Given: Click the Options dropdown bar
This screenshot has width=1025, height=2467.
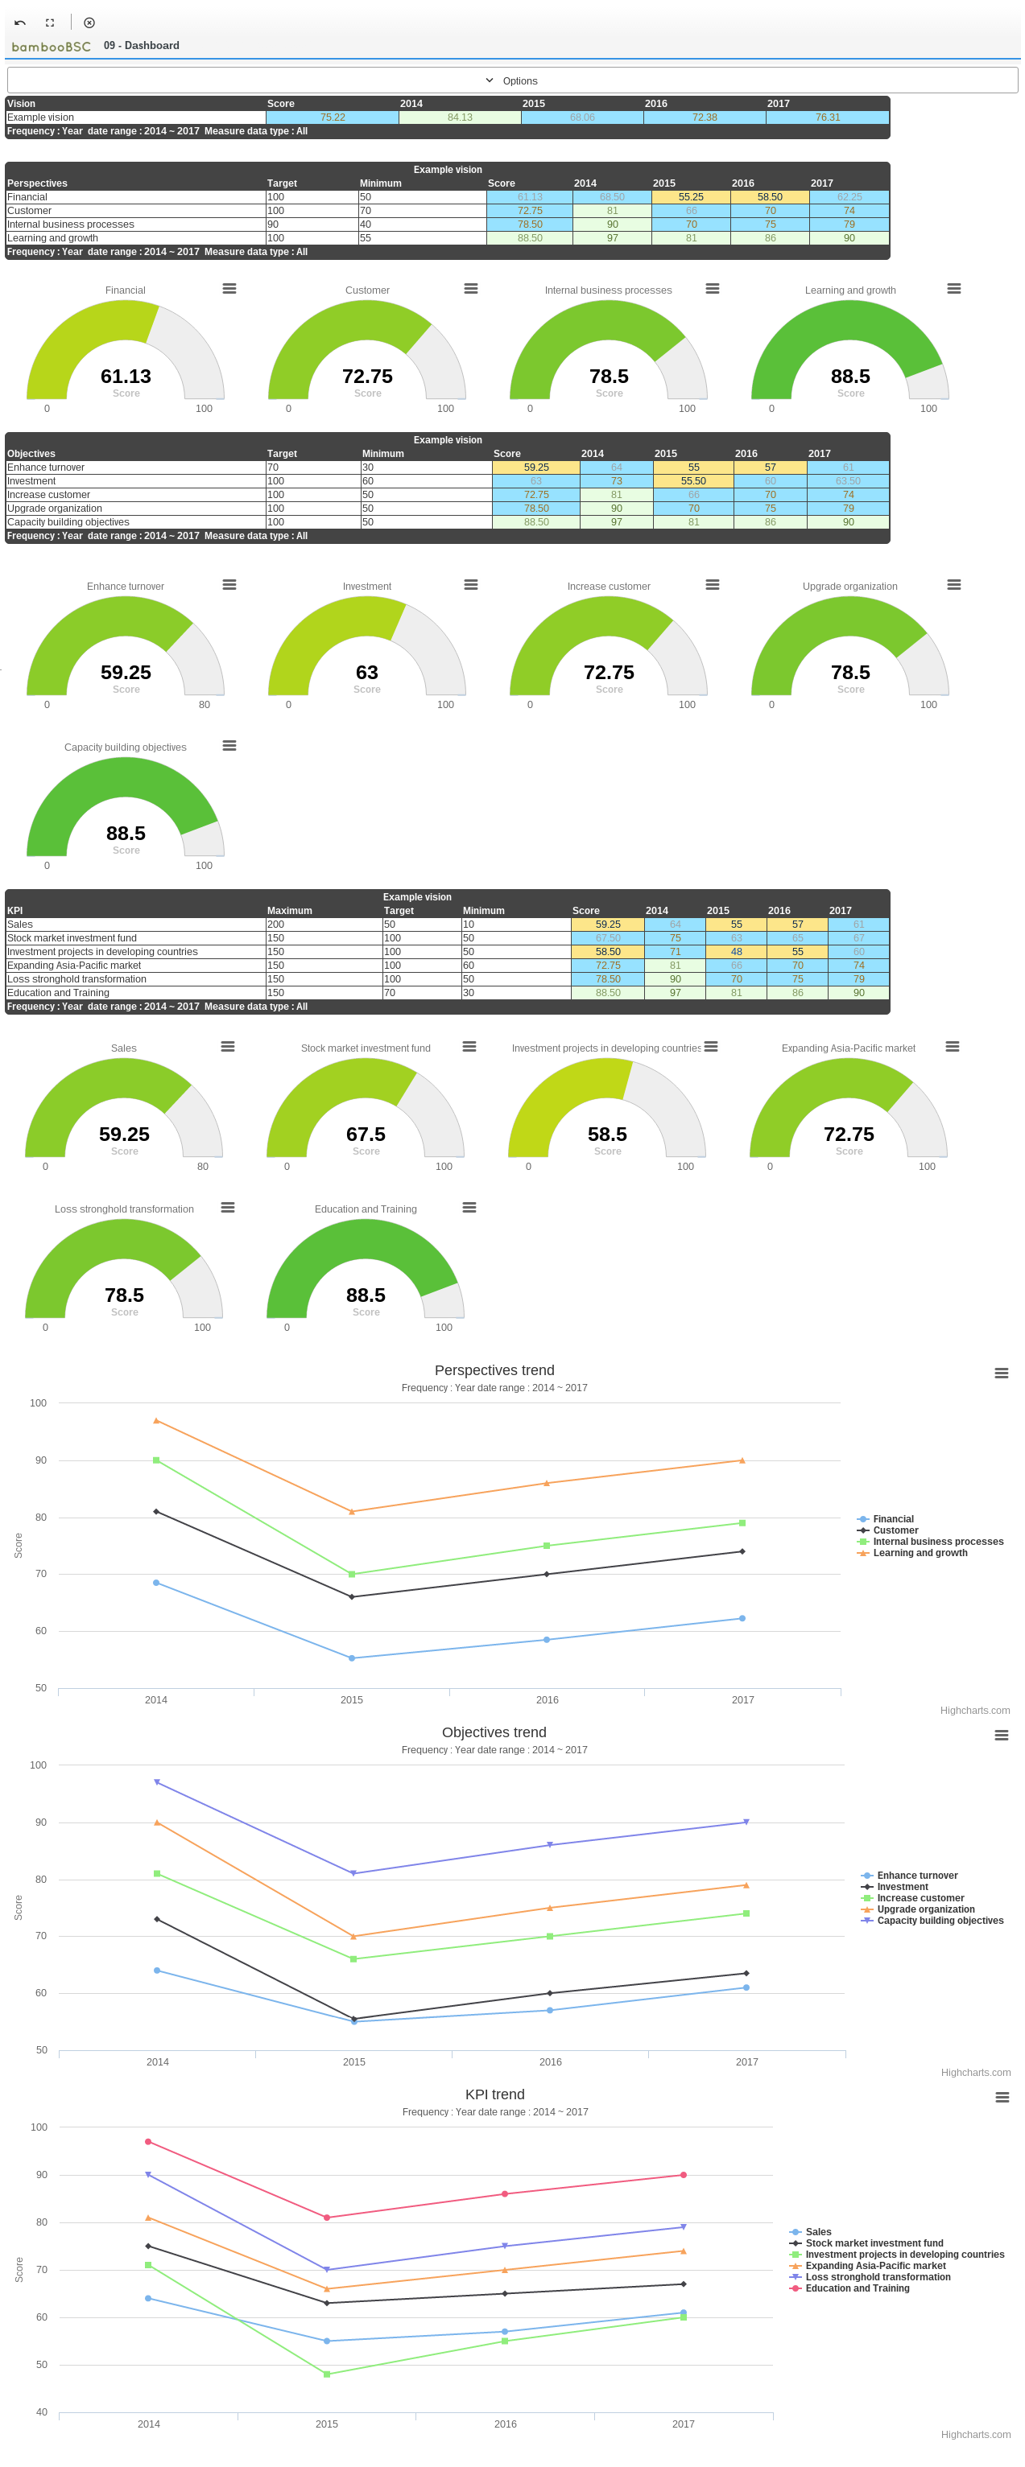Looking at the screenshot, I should click(x=511, y=80).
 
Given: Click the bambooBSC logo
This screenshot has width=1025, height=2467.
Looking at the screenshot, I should click(x=51, y=46).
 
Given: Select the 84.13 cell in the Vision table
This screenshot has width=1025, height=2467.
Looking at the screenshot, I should click(x=459, y=117).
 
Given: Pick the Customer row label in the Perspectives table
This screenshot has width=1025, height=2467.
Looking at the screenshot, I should click(x=30, y=211).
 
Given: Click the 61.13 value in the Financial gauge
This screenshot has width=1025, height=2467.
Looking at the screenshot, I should click(x=126, y=377).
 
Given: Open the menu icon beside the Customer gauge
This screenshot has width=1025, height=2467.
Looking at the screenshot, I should click(x=470, y=288).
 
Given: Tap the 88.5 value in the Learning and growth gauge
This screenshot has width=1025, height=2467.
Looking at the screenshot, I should click(x=849, y=377).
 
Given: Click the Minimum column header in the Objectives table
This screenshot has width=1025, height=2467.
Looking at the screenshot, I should click(x=382, y=454).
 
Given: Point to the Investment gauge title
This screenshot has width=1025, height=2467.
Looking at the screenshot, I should click(x=367, y=586).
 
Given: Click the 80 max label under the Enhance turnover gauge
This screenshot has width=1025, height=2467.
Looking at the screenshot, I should click(x=204, y=704).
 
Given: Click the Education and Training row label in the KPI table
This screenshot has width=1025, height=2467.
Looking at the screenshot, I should click(x=59, y=993).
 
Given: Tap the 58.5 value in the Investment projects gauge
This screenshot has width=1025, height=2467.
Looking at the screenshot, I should click(x=607, y=1134).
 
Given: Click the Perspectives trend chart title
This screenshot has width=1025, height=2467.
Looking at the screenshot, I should click(x=494, y=1370).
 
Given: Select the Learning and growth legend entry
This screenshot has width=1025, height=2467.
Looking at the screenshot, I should click(x=919, y=1552).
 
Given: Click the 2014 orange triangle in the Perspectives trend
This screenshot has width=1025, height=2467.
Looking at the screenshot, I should click(x=156, y=1421).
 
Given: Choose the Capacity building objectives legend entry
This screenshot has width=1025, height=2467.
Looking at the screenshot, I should click(x=939, y=1920).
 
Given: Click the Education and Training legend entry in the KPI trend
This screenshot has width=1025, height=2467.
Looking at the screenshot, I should click(x=857, y=2288).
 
